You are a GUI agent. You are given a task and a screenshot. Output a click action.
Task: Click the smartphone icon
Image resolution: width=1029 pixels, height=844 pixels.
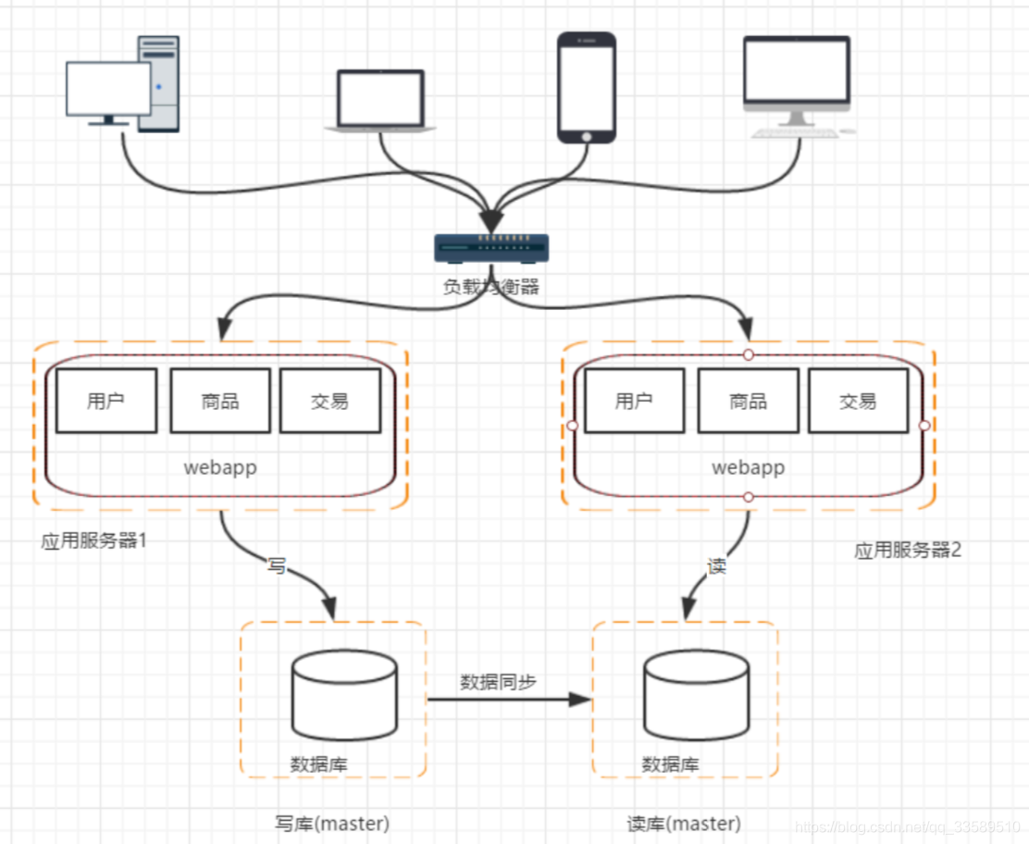point(586,87)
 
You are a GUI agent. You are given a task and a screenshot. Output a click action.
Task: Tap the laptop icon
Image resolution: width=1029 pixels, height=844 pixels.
point(379,100)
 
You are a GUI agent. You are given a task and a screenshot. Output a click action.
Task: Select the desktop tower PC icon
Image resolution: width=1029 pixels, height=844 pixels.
point(123,85)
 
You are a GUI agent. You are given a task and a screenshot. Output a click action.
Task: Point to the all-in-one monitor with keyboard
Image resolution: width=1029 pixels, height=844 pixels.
point(799,87)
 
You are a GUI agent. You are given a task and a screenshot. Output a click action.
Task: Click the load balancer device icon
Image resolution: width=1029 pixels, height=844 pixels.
point(491,247)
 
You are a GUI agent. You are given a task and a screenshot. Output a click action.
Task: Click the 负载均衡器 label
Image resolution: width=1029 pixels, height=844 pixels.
point(491,287)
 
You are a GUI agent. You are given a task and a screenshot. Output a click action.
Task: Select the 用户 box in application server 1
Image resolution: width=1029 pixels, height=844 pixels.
point(106,401)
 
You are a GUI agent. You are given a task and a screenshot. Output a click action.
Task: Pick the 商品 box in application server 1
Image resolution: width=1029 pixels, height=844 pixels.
point(220,401)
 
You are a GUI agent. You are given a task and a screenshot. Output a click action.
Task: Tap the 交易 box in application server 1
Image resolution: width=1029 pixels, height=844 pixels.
point(330,401)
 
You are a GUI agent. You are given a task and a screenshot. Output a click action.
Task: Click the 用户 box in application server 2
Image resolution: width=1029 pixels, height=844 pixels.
point(635,401)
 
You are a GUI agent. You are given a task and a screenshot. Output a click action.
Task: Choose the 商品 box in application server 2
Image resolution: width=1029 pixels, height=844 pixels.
point(748,401)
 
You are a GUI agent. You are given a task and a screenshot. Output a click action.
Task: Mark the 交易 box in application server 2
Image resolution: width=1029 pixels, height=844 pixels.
point(858,401)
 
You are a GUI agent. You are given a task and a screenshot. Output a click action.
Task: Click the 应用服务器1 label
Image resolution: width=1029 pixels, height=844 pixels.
point(94,540)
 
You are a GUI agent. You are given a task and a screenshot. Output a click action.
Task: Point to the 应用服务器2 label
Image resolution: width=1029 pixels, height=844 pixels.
point(908,550)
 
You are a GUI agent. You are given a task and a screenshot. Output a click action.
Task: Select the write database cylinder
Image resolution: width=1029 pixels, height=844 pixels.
point(344,696)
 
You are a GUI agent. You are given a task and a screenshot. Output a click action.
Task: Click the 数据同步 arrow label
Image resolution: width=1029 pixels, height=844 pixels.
point(499,682)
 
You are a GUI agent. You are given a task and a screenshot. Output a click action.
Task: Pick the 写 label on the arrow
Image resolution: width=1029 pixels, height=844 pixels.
point(277,565)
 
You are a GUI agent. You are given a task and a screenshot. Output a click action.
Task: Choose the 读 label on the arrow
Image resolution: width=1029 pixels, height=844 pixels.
point(717,565)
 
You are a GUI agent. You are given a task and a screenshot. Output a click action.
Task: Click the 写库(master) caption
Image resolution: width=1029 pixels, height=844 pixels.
point(332,823)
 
